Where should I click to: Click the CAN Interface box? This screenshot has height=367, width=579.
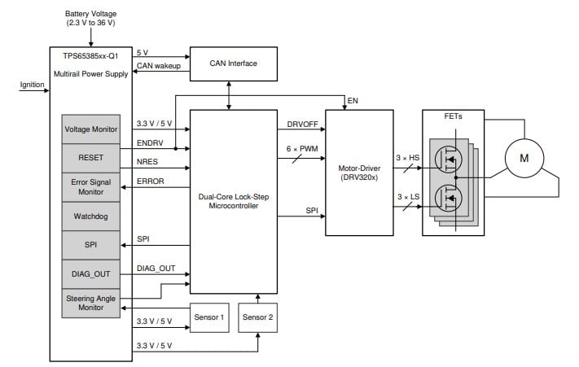point(229,63)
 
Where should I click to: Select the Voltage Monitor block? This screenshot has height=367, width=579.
point(91,129)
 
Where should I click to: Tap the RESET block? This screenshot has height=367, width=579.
point(91,158)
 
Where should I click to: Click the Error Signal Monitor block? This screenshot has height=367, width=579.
point(91,186)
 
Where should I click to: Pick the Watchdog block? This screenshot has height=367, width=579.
point(91,216)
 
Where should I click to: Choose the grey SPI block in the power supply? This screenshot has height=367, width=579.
point(91,245)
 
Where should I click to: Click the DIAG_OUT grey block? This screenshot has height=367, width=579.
point(91,274)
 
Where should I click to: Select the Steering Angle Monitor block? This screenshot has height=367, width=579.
point(91,304)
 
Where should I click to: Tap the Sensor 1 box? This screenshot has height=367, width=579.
point(209,317)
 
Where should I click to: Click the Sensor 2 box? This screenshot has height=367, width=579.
point(258,317)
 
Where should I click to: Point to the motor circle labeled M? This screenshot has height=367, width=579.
point(524,158)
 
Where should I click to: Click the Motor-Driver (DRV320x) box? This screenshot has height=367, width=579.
point(359,173)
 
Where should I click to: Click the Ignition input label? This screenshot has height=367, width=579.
point(32,84)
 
